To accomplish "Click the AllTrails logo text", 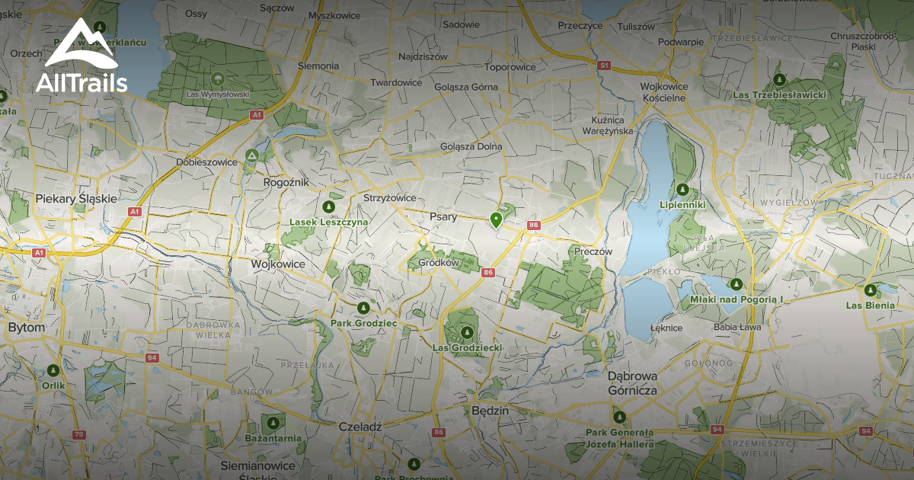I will (81, 83).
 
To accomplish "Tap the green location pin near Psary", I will (496, 220).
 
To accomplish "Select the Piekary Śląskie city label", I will (76, 199).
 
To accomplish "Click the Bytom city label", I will (26, 327).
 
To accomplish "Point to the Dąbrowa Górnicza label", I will (632, 382).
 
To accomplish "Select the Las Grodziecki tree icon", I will (467, 332).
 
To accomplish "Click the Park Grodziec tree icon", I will (363, 308).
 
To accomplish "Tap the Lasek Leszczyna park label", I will (329, 222).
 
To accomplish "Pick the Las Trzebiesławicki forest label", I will (778, 95).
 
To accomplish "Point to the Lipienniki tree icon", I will (683, 189).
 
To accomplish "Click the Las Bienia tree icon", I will (870, 290).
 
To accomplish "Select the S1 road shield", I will (604, 66).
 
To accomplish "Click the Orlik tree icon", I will (53, 370).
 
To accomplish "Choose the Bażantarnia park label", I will (273, 438).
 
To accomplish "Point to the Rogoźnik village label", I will (285, 182).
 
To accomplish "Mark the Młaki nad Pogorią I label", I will (736, 299).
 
